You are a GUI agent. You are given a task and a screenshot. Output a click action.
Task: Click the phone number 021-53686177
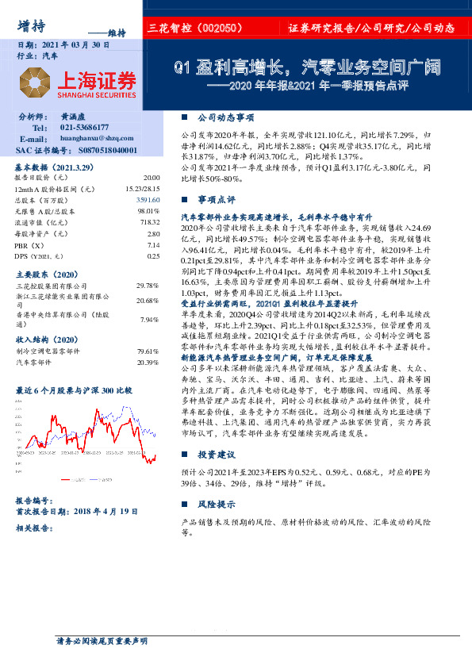pos(85,127)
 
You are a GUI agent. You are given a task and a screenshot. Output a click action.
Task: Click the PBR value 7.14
pos(153,245)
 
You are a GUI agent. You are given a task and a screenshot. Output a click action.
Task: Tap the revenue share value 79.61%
pos(148,350)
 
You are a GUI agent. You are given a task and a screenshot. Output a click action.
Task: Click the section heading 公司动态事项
pos(224,116)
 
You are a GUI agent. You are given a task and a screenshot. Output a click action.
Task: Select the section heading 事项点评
pos(217,198)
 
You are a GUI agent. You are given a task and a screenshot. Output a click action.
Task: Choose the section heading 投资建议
pos(217,455)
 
